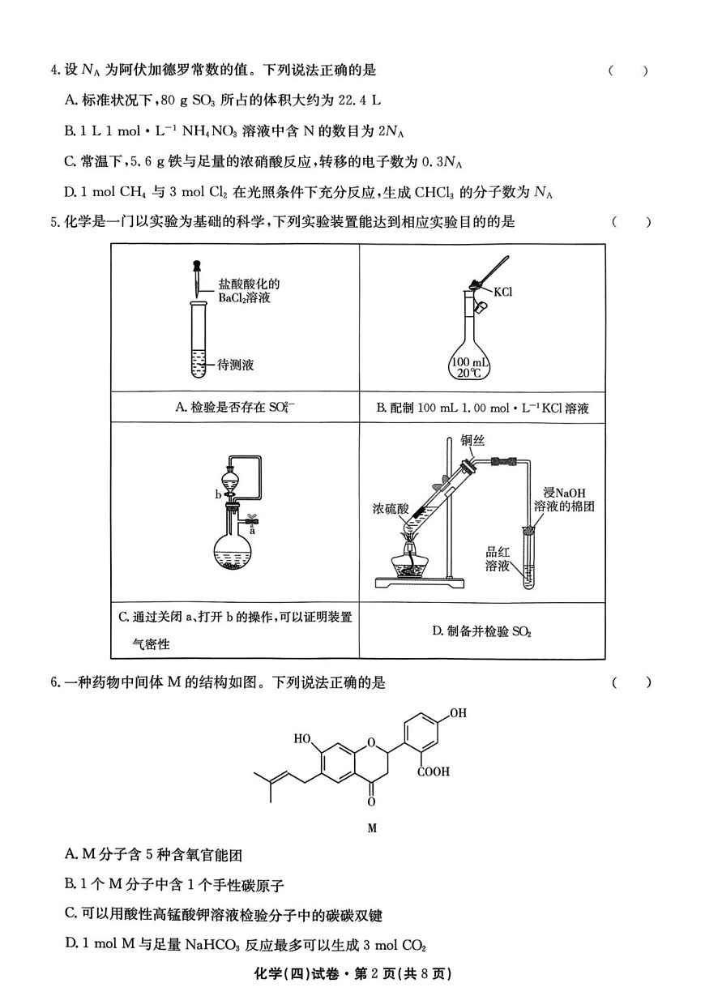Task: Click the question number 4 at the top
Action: click(54, 71)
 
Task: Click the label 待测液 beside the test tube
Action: click(236, 365)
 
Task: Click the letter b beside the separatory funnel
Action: click(218, 493)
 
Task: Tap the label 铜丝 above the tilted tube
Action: click(472, 442)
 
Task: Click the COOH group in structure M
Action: click(433, 772)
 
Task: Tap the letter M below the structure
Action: click(372, 828)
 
